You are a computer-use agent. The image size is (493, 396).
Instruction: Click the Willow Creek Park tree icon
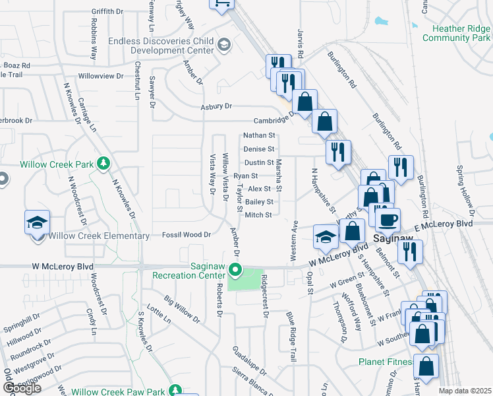[103, 163]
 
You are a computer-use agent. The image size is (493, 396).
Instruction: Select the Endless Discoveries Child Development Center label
[161, 46]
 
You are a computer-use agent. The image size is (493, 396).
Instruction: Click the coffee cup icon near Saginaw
[387, 219]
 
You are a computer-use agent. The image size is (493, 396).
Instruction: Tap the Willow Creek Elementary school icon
[37, 222]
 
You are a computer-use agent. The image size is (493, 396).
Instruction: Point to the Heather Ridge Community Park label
[457, 33]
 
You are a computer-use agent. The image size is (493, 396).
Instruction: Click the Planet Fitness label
[385, 362]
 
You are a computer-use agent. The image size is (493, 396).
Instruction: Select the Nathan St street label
[258, 135]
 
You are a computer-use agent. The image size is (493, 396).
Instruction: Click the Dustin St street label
[259, 162]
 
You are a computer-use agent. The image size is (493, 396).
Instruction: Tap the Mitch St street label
[258, 215]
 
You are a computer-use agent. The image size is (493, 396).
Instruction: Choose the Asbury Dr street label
[217, 106]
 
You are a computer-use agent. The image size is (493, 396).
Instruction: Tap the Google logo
[22, 389]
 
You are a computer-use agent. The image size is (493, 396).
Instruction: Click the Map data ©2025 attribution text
[465, 391]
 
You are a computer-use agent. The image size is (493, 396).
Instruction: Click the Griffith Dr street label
[107, 12]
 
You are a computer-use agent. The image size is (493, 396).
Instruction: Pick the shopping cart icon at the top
[221, 4]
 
